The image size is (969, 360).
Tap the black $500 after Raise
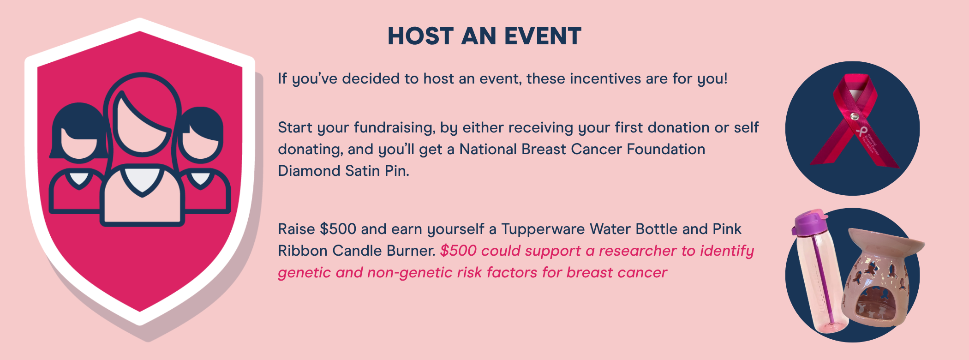338,229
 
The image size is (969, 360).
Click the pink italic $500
458,251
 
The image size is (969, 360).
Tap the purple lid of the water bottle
810,222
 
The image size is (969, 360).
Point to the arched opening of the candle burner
874,305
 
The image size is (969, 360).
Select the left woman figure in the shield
78,159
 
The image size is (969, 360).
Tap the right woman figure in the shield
203,162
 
